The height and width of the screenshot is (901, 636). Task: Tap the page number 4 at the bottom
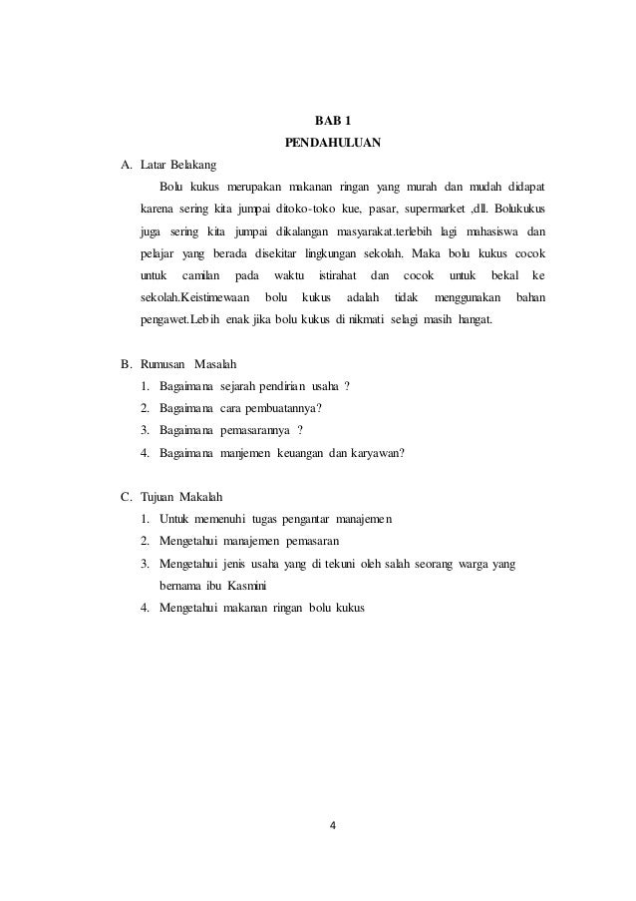(x=333, y=825)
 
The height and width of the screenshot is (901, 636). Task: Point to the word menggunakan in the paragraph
(x=468, y=297)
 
